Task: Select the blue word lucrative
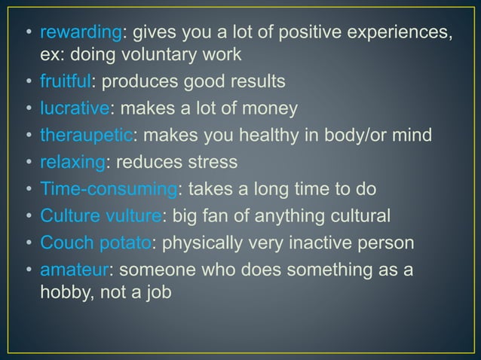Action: click(75, 108)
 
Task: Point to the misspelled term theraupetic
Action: click(86, 136)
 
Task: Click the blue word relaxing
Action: click(70, 163)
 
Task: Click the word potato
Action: click(128, 244)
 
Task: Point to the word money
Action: click(272, 108)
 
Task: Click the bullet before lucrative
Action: click(28, 108)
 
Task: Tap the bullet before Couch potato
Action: click(28, 244)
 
